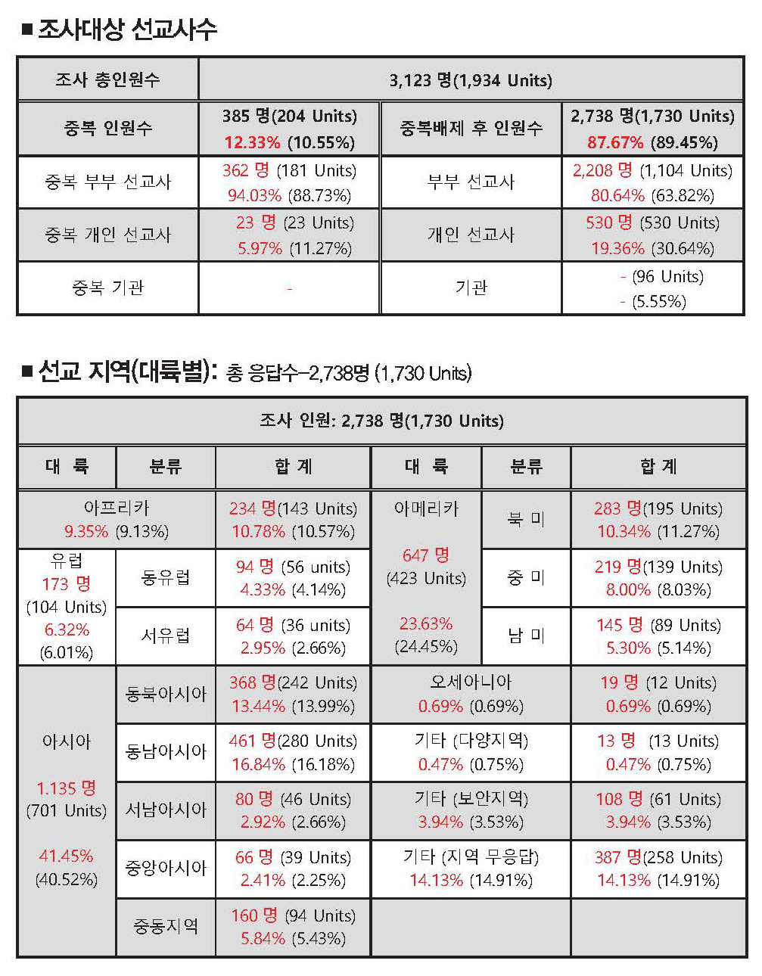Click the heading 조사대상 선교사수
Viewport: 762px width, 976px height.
coord(127,30)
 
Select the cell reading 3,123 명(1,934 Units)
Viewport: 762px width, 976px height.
coord(471,80)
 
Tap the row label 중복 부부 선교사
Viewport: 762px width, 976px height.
coord(107,182)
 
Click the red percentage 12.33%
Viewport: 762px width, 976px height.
coord(252,142)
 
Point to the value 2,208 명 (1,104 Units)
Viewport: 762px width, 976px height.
coord(652,171)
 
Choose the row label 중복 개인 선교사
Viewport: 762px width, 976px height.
coord(107,235)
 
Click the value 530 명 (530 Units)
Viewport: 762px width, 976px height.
coord(652,223)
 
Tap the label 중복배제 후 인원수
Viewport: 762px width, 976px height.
coord(471,129)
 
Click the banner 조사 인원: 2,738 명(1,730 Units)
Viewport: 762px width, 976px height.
coord(381,421)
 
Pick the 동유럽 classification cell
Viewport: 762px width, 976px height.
coord(166,578)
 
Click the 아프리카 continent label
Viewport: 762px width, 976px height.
coord(117,508)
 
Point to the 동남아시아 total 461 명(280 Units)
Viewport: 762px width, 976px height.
coord(294,741)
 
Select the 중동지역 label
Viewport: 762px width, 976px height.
coord(166,926)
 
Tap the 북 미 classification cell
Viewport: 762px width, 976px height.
coord(526,519)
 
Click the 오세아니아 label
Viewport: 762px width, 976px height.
coord(471,682)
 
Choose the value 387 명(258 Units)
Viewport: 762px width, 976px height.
coord(658,857)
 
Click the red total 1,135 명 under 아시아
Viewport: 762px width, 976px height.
coord(67,788)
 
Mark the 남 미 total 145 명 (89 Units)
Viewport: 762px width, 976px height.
coord(658,625)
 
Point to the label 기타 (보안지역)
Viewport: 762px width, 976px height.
coord(471,799)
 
